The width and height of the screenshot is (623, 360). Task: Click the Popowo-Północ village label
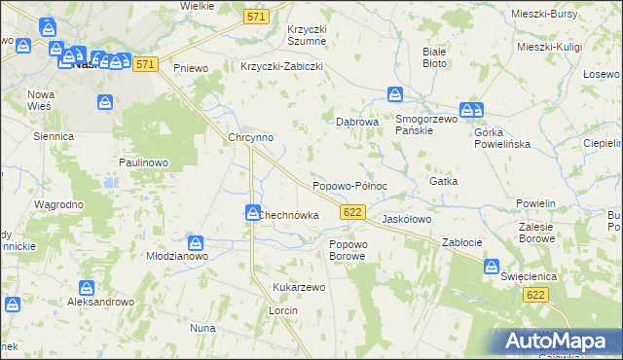point(349,185)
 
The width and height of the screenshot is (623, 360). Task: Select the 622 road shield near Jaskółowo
point(353,211)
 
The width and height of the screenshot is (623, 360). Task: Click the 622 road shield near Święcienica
point(533,294)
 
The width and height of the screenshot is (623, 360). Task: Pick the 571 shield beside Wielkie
point(256,17)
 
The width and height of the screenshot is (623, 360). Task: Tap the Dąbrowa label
point(356,123)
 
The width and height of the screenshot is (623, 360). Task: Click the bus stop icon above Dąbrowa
point(395,94)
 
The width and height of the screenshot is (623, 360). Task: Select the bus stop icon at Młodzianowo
point(196,242)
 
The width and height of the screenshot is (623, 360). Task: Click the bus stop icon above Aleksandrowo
point(87,288)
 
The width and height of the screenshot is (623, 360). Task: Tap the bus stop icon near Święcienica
point(493,265)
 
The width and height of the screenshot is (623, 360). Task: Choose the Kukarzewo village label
point(299,288)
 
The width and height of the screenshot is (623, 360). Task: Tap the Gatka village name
point(443,181)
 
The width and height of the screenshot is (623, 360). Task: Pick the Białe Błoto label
point(434,56)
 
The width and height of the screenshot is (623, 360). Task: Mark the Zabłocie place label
point(462,241)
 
